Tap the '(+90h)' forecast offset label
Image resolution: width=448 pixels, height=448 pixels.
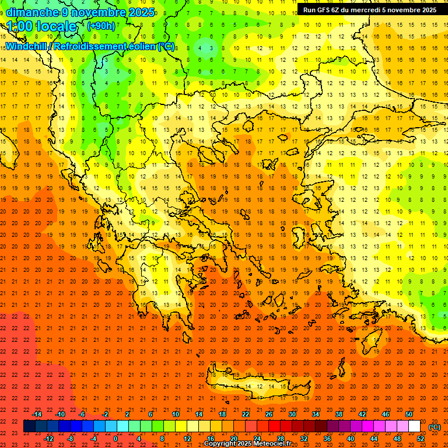pyautogui.click(x=100, y=26)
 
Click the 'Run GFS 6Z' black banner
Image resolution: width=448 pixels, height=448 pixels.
pyautogui.click(x=372, y=10)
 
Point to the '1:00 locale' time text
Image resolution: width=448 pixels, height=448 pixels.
pyautogui.click(x=41, y=26)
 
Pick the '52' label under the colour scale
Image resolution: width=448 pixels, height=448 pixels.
pyautogui.click(x=421, y=439)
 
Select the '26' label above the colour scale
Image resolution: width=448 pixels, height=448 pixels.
pyautogui.click(x=269, y=414)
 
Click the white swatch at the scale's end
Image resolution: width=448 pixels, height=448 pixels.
pyautogui.click(x=415, y=426)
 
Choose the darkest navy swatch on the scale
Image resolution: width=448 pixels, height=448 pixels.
pyautogui.click(x=29, y=426)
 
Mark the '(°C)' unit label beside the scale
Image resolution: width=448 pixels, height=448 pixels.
pyautogui.click(x=434, y=427)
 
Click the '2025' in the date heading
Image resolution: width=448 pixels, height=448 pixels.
pyautogui.click(x=142, y=12)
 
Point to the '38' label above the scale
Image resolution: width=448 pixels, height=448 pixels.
pyautogui.click(x=339, y=414)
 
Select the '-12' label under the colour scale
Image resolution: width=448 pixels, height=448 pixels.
pyautogui.click(x=49, y=439)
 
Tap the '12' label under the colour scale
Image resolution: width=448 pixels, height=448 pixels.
pyautogui.click(x=187, y=439)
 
